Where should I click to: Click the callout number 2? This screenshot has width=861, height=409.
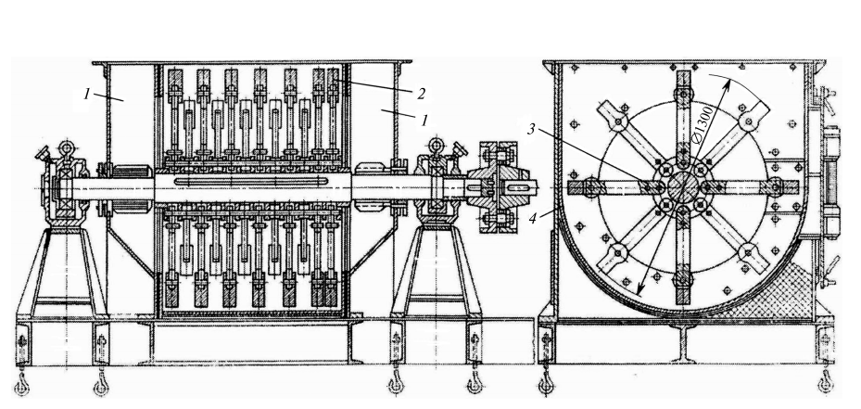click(420, 94)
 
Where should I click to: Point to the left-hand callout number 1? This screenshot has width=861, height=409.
click(87, 94)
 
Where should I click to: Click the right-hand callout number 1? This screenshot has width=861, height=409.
click(424, 120)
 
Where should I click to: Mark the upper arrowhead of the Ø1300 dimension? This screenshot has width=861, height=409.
click(728, 83)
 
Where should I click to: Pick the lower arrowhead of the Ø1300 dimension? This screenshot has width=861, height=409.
click(640, 289)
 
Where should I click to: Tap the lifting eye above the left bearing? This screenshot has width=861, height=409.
click(68, 147)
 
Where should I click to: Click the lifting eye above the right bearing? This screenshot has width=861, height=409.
click(436, 145)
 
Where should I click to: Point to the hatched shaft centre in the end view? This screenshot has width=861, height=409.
click(682, 187)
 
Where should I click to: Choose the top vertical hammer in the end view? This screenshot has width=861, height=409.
click(683, 115)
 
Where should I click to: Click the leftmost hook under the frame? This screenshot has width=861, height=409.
click(21, 386)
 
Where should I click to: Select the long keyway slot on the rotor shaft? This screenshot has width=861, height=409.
click(250, 181)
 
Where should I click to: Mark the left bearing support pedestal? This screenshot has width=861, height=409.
click(62, 272)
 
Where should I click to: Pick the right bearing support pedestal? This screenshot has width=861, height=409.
click(437, 272)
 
